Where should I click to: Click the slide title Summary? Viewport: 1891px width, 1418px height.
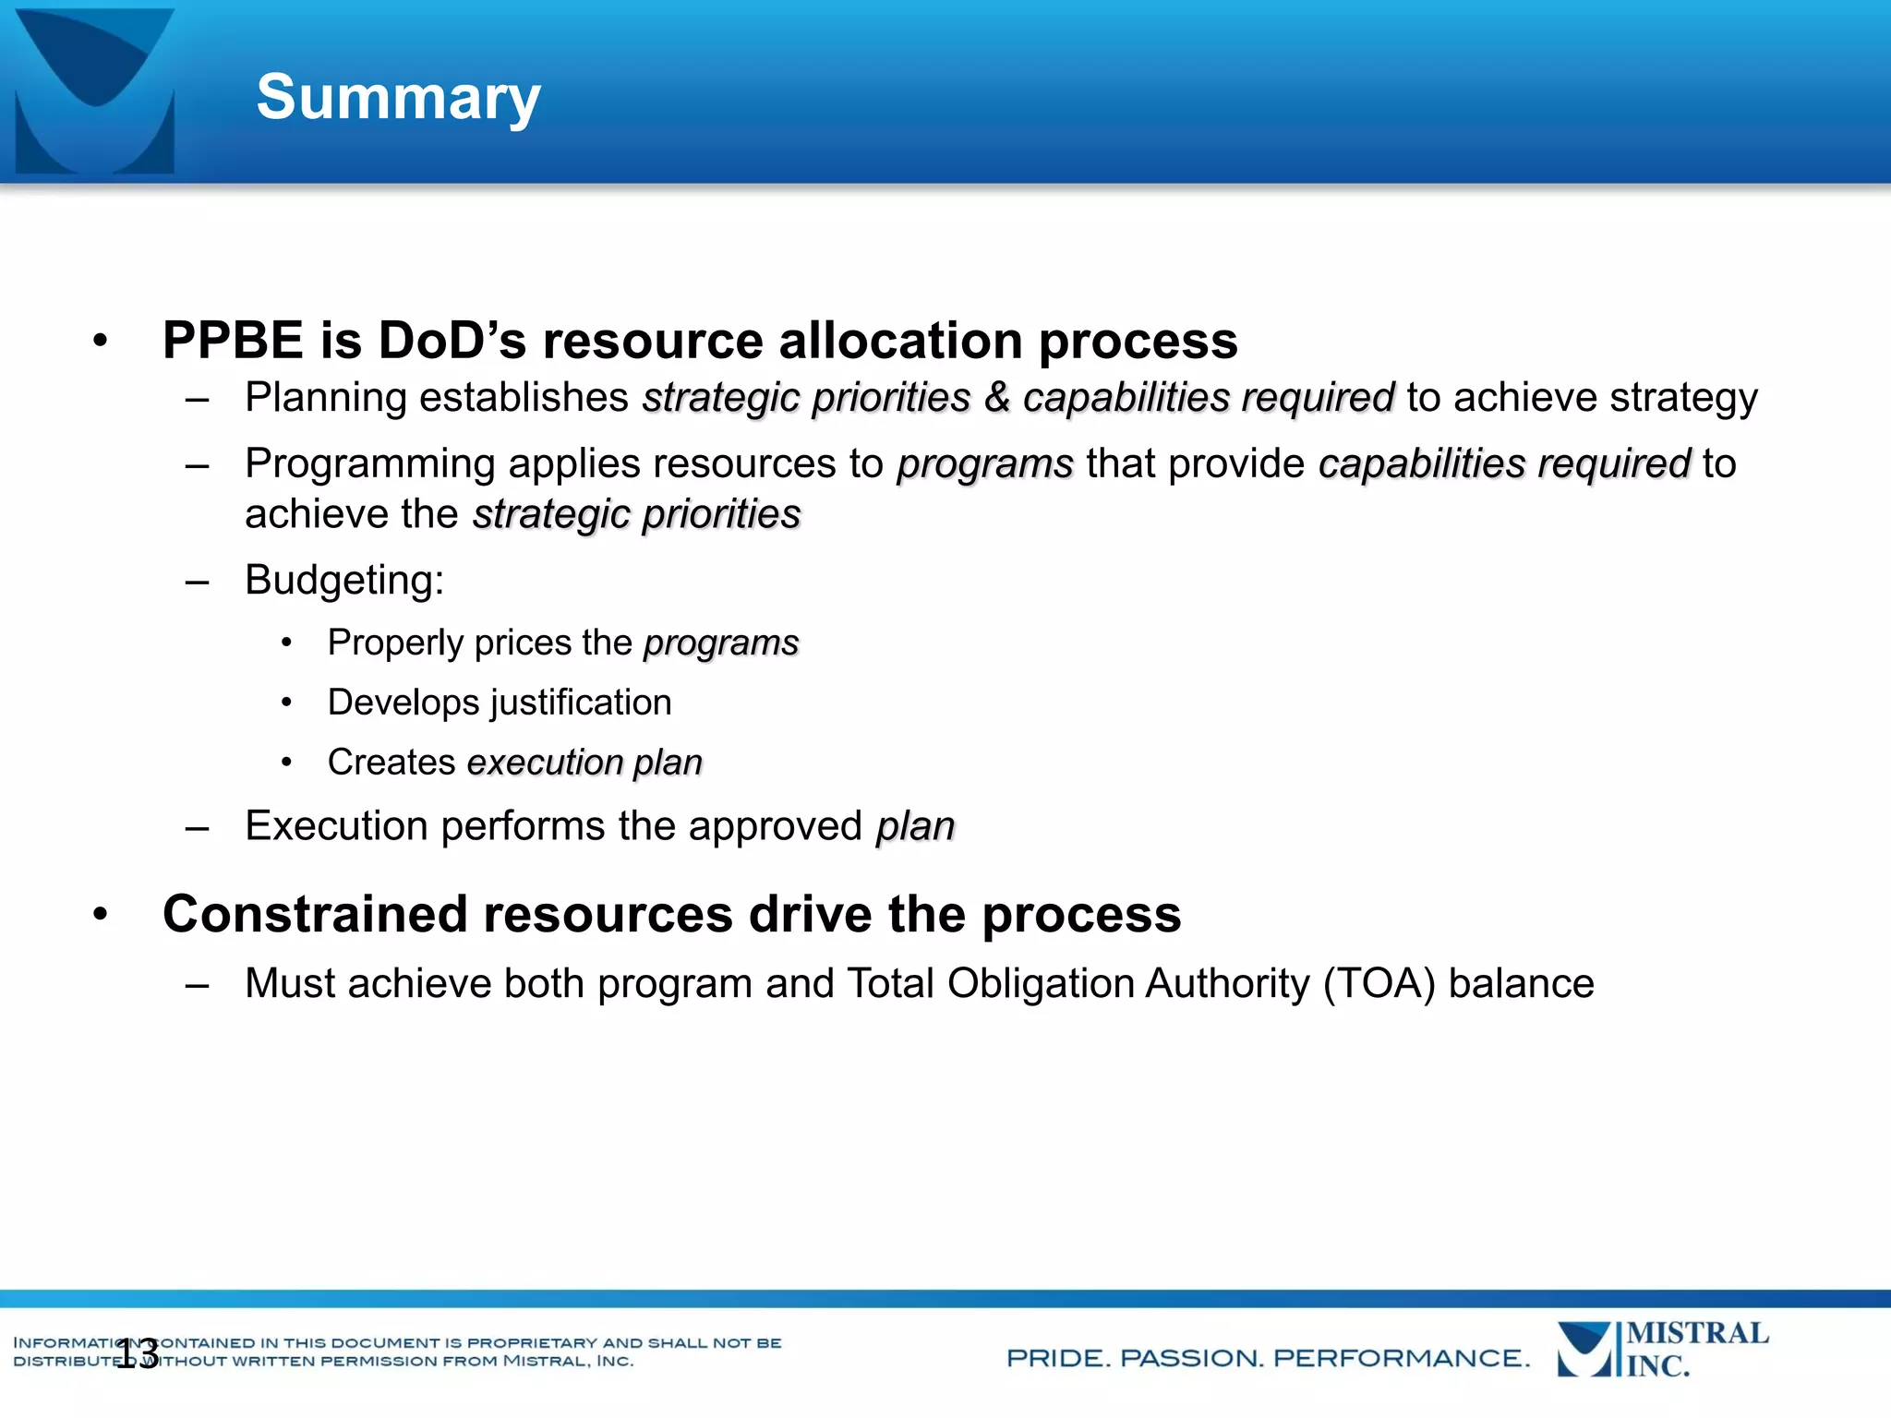pos(398,97)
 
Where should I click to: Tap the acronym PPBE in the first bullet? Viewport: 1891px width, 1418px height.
pos(233,341)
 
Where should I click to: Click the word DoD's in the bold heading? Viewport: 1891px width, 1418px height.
pos(452,341)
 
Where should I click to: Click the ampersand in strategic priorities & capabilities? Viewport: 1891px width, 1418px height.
pos(996,398)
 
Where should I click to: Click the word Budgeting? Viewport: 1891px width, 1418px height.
pos(344,581)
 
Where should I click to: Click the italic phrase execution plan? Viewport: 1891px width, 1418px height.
pos(584,763)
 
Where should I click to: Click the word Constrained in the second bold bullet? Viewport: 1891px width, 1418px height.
pos(315,914)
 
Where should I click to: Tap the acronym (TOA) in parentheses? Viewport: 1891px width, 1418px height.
pos(1379,983)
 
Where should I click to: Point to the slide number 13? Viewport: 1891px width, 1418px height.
pos(138,1354)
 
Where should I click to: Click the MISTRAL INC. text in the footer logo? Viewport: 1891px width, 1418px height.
pos(1696,1349)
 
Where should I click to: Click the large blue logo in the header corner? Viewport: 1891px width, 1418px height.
pos(95,90)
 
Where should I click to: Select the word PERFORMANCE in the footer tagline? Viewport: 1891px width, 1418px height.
pos(1401,1358)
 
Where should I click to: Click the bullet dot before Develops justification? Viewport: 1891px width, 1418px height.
pos(287,703)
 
